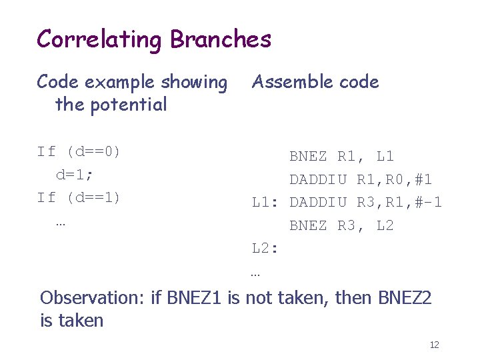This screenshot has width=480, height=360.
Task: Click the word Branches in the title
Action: point(221,39)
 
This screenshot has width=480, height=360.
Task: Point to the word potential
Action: point(130,105)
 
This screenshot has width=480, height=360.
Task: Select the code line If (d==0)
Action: point(79,152)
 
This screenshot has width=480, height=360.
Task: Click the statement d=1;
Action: point(75,175)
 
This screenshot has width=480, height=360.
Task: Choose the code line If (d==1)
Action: point(79,198)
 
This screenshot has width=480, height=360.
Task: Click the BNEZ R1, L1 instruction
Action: point(341,157)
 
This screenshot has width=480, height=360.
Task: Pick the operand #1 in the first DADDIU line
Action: point(422,179)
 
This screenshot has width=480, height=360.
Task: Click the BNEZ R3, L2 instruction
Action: point(341,225)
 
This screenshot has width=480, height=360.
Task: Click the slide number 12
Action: point(434,345)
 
